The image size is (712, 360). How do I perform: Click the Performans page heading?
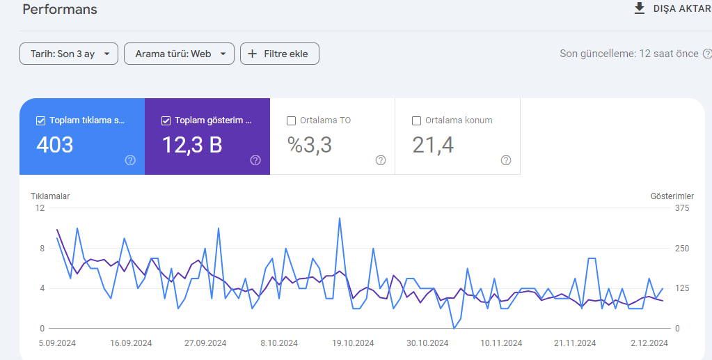pos(59,9)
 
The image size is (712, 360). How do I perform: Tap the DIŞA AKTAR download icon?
pos(640,8)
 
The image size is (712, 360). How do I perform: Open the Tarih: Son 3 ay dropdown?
pos(69,54)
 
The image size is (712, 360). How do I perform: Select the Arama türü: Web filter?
pos(179,54)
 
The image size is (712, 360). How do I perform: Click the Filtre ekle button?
pos(279,54)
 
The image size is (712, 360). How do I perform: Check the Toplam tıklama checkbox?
pos(40,120)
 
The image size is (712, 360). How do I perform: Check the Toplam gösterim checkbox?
pos(166,120)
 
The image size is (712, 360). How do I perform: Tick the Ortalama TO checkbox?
pos(291,120)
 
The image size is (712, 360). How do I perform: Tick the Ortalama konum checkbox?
pos(416,120)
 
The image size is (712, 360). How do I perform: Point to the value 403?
pos(54,145)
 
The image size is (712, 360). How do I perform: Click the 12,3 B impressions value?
pos(192,145)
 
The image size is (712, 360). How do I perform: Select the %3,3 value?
pos(310,145)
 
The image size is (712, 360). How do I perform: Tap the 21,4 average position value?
pos(433,145)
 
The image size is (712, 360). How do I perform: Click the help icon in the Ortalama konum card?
pos(506,160)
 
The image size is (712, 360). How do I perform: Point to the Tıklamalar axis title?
pos(50,196)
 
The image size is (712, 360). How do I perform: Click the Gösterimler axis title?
pos(672,196)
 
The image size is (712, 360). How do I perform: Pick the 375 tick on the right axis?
pos(683,208)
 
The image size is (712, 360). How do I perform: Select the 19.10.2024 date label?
pos(353,343)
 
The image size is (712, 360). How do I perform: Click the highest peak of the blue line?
pos(339,218)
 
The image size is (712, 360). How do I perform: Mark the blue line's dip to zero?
pos(454,328)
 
